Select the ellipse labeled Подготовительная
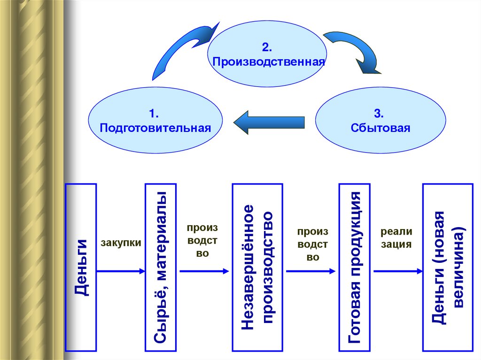click(x=155, y=121)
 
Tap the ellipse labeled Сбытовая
click(x=380, y=121)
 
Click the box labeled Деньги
click(x=81, y=268)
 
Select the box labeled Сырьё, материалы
click(x=161, y=268)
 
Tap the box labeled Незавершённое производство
click(x=257, y=268)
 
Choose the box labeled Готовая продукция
click(x=355, y=268)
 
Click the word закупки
click(x=121, y=243)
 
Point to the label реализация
click(x=396, y=237)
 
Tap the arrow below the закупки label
click(x=121, y=271)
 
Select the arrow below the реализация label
click(x=397, y=271)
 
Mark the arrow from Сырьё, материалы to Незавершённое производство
click(x=203, y=271)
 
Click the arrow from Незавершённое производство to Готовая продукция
click(x=310, y=271)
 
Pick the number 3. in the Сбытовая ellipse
click(x=380, y=114)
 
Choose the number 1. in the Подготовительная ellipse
click(x=155, y=114)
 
